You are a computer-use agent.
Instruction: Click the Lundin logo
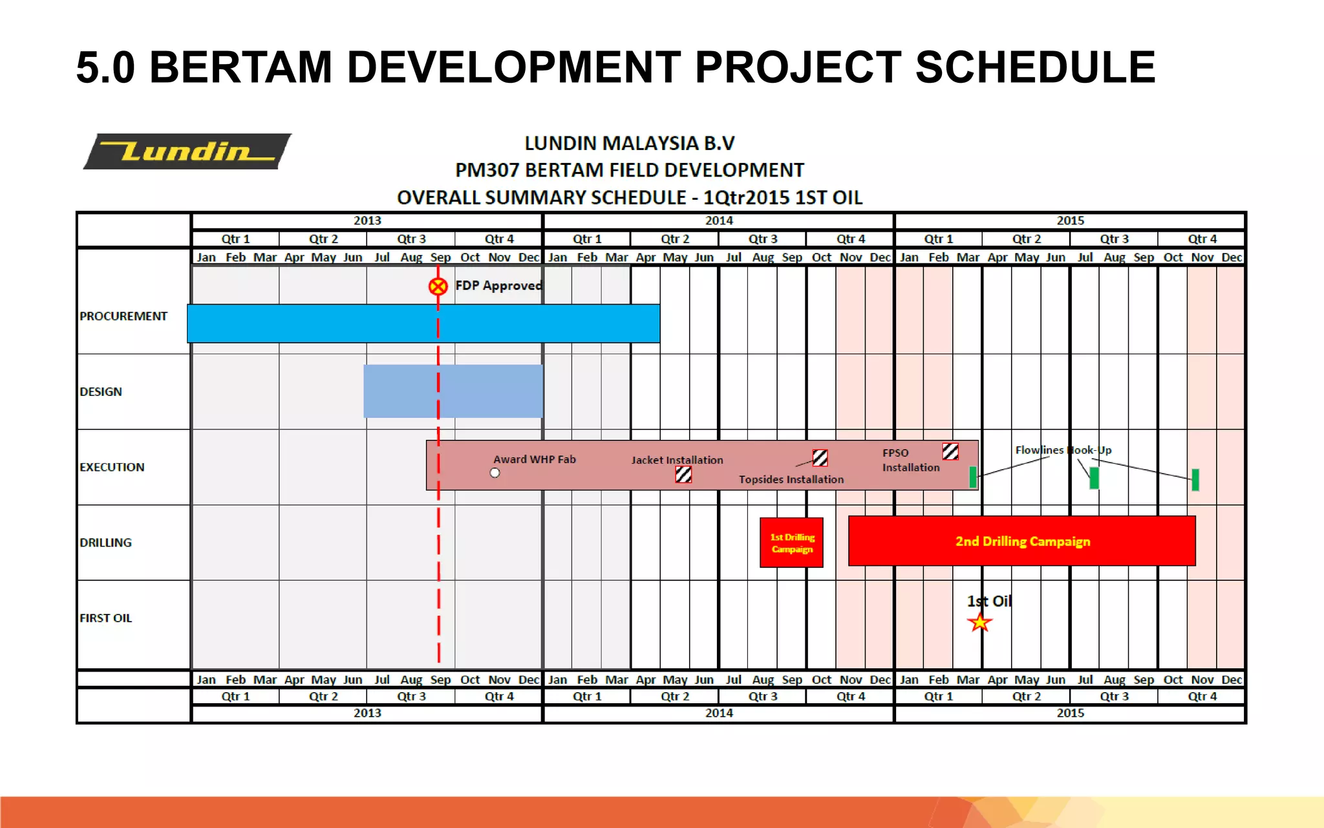pos(187,151)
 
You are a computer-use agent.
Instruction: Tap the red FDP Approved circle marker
pos(438,286)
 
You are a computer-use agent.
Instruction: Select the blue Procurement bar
pos(423,323)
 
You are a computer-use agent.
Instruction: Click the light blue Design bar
pos(453,391)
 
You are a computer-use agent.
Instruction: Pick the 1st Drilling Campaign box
pos(791,543)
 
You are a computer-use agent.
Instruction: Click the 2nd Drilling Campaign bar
pos(1021,541)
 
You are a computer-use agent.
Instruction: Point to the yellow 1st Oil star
pos(979,622)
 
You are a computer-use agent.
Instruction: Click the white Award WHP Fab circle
pos(495,473)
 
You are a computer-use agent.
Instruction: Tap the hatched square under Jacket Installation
pos(683,475)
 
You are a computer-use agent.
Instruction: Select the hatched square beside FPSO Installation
pos(950,451)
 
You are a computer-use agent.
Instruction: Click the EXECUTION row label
pos(112,467)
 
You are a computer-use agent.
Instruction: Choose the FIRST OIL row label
pos(105,618)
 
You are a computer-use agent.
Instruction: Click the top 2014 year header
pos(718,221)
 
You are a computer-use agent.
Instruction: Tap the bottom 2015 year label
pos(1070,713)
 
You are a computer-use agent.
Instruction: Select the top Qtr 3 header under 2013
pos(411,239)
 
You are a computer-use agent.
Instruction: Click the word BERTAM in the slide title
pos(240,67)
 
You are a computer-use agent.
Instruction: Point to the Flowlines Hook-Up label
pos(1063,450)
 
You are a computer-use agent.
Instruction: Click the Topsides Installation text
pos(791,479)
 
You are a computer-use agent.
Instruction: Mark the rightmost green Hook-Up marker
pos(1195,479)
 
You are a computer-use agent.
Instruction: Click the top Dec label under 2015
pos(1231,257)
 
